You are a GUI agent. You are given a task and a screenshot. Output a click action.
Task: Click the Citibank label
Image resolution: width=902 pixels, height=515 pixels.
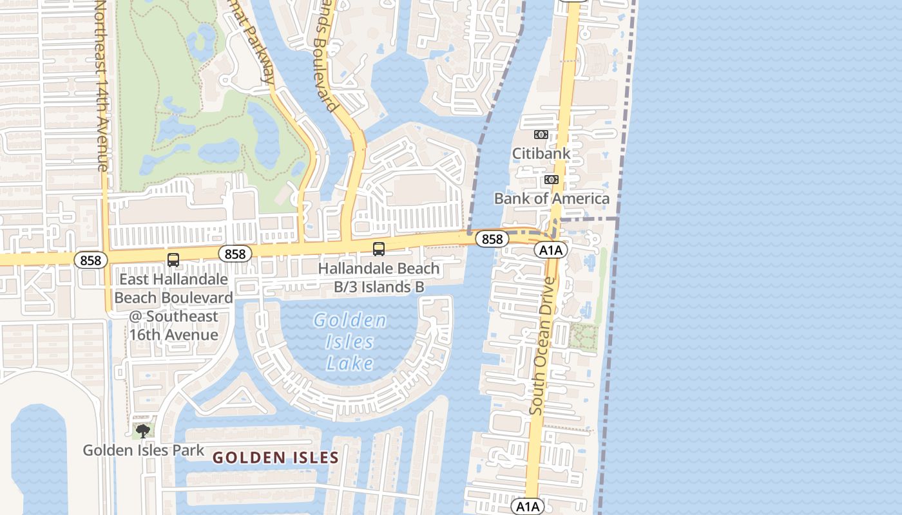[x=541, y=153]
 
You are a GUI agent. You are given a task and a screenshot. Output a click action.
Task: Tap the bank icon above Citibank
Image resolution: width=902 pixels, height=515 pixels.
[x=541, y=135]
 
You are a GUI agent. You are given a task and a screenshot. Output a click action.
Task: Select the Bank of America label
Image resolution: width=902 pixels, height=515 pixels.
[x=552, y=198]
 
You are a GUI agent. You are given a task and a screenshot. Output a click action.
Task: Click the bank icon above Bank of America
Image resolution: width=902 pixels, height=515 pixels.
[x=552, y=180]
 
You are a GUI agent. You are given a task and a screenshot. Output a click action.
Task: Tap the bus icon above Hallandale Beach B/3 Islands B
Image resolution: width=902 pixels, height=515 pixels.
[x=379, y=248]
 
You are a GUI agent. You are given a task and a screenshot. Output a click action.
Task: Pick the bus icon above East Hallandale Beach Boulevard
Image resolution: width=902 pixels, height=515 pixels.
[x=173, y=259]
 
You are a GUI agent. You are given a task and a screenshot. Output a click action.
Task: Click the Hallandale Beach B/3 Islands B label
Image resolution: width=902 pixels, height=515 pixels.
[x=379, y=277]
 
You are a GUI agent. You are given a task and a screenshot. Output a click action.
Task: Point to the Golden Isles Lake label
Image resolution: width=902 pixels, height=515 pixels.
[x=350, y=342]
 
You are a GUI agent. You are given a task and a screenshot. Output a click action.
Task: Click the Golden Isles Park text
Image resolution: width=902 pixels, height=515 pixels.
[x=143, y=451]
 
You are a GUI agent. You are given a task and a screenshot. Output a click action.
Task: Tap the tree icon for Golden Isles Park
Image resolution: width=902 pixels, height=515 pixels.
[x=143, y=430]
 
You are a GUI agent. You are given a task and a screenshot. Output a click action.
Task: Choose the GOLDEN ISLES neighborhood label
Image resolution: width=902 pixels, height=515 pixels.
[x=276, y=458]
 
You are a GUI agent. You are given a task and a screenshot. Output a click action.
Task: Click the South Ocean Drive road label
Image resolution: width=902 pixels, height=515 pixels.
[x=542, y=346]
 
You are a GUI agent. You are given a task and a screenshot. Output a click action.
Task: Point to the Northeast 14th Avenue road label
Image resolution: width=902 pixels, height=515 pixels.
[x=101, y=87]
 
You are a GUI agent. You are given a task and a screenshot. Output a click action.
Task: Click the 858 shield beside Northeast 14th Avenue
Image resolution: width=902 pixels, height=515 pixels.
[x=91, y=260]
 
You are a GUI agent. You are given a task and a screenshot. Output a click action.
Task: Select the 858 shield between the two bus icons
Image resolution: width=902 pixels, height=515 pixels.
[x=235, y=254]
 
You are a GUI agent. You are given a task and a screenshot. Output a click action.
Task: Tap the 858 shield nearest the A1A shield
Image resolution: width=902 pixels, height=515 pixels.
[x=492, y=239]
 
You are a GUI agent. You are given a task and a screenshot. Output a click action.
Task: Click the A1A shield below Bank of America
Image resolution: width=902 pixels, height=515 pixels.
[x=551, y=250]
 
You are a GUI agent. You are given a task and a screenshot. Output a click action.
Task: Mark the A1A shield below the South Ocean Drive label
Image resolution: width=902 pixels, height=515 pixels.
[x=528, y=507]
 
